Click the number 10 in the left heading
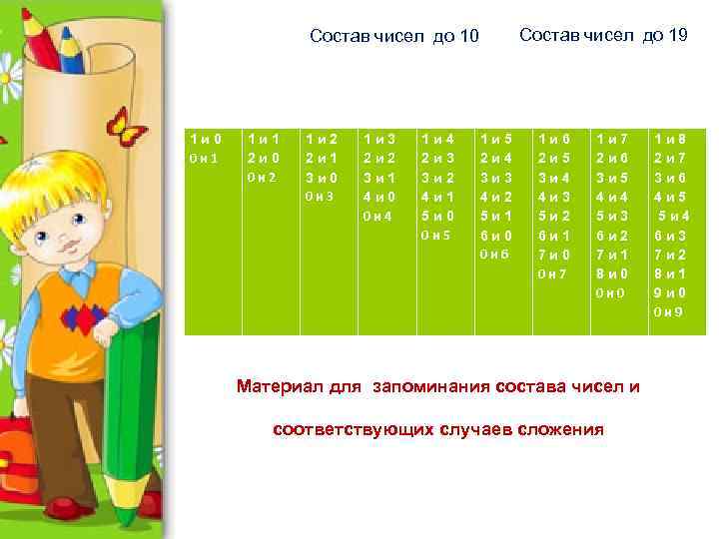[468, 37]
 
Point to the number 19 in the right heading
[675, 36]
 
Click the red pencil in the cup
[37, 40]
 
